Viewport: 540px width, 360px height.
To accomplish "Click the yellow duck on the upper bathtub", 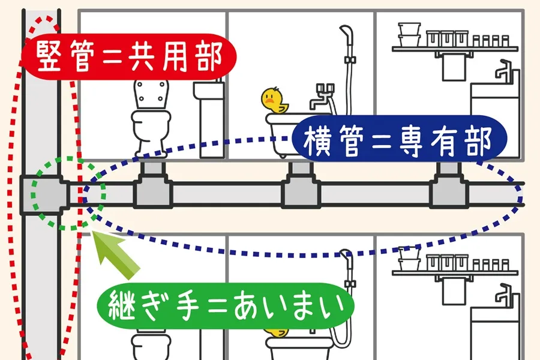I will (274, 101).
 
